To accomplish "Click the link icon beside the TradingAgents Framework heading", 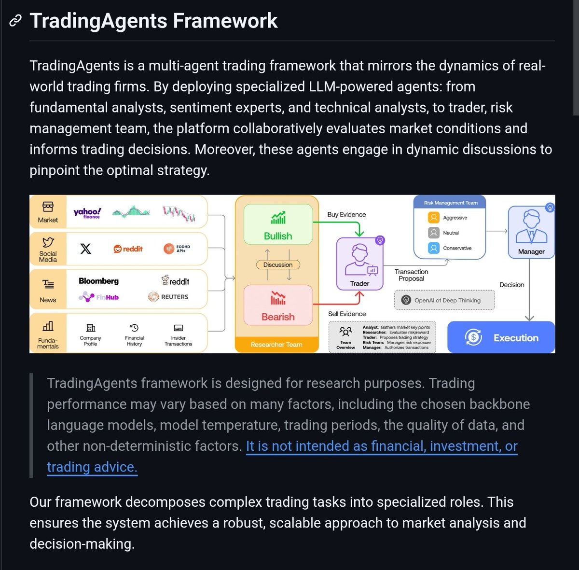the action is coord(15,21).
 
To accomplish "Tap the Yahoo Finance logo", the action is coord(87,212).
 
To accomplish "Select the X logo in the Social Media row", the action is coord(85,249).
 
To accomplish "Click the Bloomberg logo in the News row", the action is coord(98,281).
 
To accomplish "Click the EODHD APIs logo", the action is coord(177,249).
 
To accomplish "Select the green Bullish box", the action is coord(278,224).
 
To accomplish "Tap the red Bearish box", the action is coord(278,305).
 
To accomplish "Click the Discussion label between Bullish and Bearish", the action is coord(278,264).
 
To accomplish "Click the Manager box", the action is coord(531,232).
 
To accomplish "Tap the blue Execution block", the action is coord(501,337).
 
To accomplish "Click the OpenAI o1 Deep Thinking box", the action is coord(444,300).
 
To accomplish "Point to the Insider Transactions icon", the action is coord(178,328).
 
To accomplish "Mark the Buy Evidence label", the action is coord(346,214).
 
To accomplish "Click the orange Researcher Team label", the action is coord(276,345).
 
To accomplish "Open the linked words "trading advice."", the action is coord(92,467).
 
